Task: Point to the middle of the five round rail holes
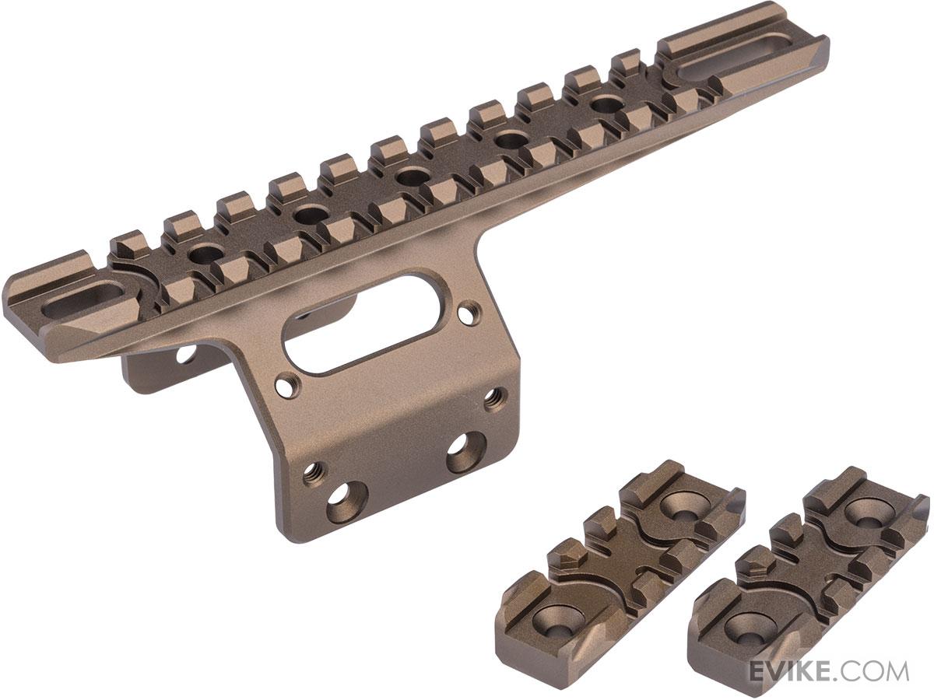tap(408, 178)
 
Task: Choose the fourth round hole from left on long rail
tap(506, 140)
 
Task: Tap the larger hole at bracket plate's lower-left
tap(343, 509)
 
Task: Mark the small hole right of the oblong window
tap(467, 314)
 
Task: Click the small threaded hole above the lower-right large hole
tap(493, 399)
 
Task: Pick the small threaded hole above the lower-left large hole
tap(314, 471)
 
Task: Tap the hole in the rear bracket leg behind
tap(185, 355)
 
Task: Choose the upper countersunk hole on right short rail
tap(864, 509)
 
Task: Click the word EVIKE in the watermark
tap(788, 670)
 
